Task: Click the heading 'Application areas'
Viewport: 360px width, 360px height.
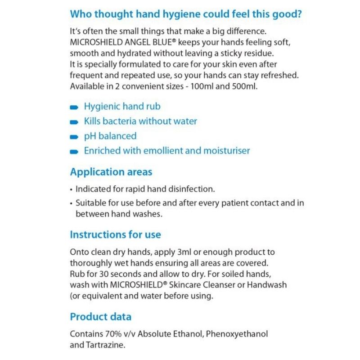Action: coord(111,172)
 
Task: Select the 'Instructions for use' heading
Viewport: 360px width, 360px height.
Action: coord(115,234)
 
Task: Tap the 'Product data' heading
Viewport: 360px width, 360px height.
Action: coord(100,316)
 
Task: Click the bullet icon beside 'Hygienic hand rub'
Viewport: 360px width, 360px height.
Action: coord(74,108)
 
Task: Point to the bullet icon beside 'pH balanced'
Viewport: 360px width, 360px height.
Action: coord(74,137)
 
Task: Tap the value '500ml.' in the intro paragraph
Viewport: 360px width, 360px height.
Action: coord(244,86)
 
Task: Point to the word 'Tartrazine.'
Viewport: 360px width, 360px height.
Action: coord(103,345)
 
